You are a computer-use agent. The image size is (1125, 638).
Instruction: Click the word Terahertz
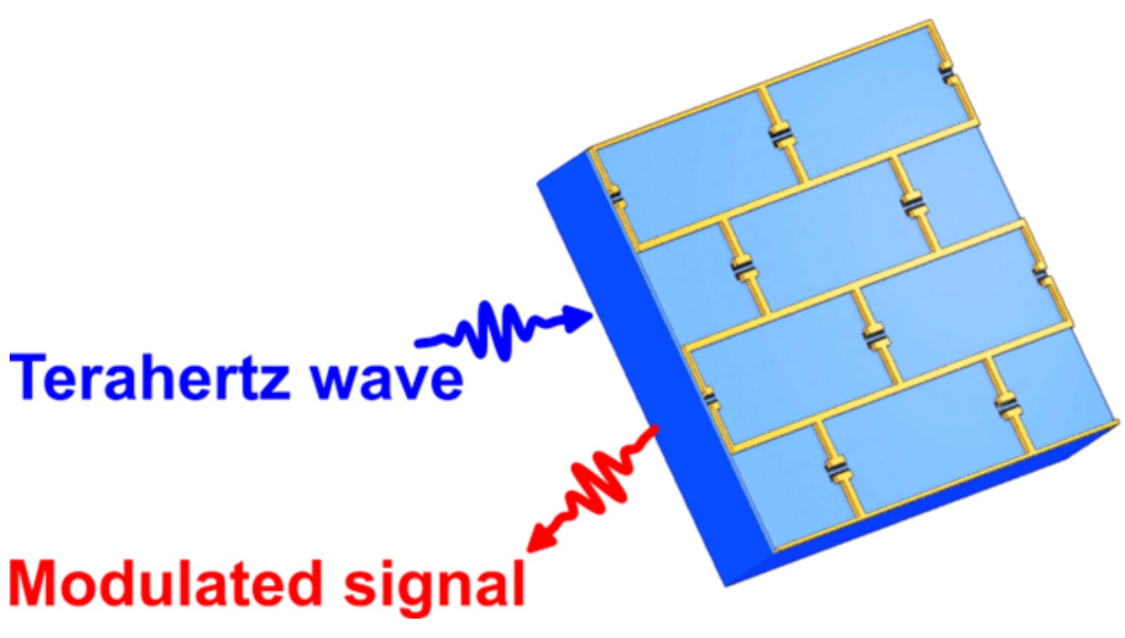tap(150, 377)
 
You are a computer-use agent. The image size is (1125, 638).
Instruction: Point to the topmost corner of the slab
tap(930, 21)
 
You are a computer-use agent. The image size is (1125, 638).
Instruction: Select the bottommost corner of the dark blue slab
tap(727, 585)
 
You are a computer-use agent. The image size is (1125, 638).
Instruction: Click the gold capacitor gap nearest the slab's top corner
tap(947, 74)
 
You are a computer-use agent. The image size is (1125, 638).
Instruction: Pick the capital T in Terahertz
tap(28, 377)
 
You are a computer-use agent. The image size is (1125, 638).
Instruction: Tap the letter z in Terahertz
tap(274, 383)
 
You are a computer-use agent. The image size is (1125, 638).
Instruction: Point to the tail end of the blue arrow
tap(418, 343)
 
